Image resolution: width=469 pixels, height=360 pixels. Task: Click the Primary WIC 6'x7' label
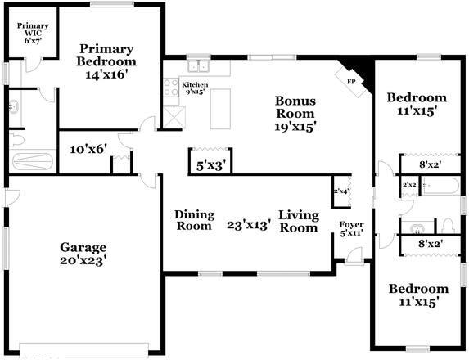point(33,32)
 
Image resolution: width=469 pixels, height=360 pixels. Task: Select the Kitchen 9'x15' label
point(195,88)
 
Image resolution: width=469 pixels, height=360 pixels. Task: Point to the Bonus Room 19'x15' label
point(295,114)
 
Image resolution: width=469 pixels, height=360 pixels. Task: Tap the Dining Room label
point(195,220)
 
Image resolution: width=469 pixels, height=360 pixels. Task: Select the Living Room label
point(298,221)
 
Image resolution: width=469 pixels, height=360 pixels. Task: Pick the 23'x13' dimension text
point(248,225)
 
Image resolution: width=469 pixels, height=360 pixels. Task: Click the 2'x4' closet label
point(340,191)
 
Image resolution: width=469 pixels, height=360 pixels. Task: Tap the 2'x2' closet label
point(411,185)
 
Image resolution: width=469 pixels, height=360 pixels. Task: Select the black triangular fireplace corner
point(361,79)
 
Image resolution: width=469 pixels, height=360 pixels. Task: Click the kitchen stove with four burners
point(171,88)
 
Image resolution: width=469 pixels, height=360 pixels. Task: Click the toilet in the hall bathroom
point(448,224)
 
